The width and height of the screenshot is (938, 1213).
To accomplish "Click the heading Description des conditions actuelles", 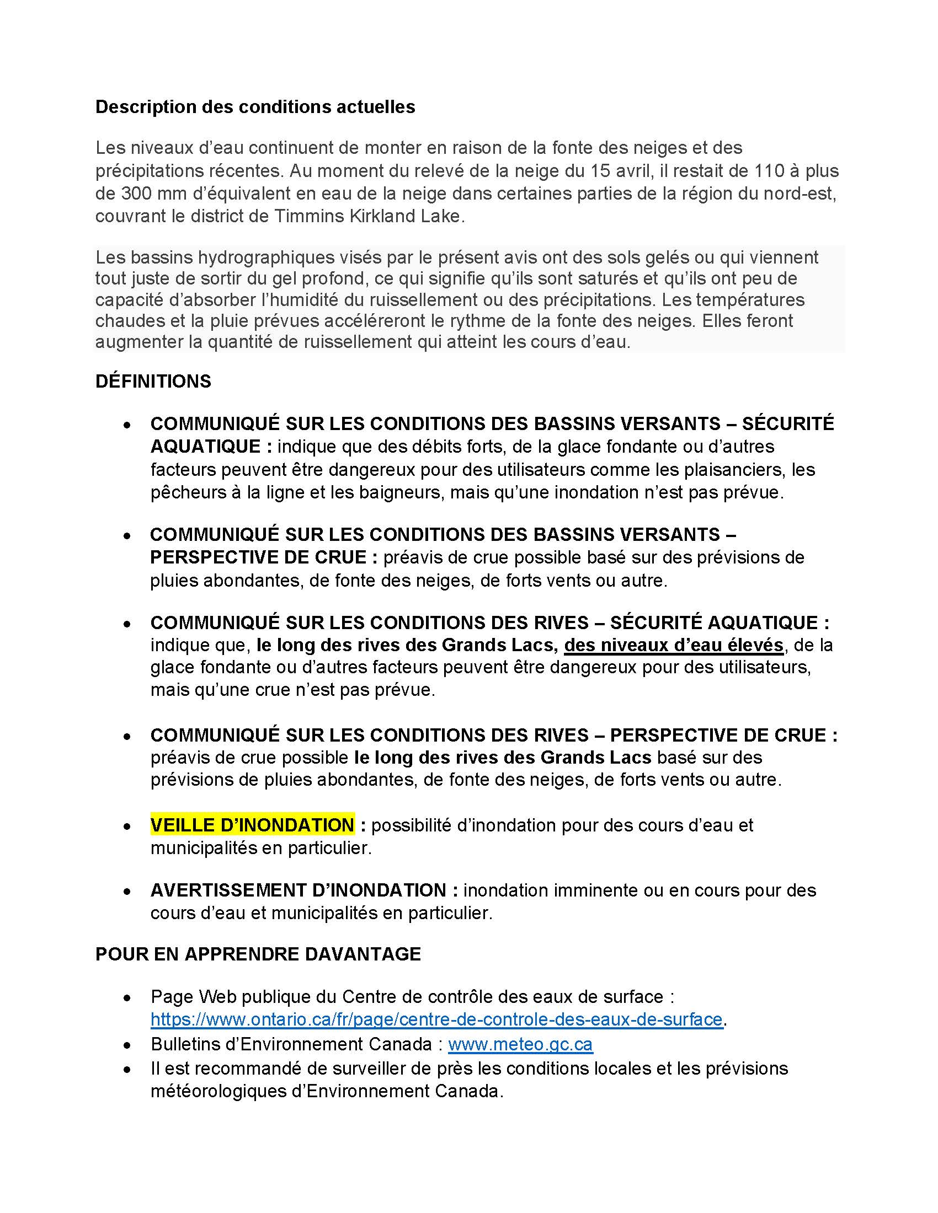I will (255, 106).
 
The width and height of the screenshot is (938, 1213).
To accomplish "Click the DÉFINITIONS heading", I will (153, 382).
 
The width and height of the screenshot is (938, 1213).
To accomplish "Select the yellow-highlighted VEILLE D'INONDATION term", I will (252, 825).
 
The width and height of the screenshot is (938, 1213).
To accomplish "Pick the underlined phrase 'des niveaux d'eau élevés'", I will (674, 645).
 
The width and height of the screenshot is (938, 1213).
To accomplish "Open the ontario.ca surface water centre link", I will (436, 1019).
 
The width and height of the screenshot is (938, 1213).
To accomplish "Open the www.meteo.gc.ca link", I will (520, 1044).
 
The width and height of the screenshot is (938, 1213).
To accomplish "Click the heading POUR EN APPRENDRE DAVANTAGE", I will (258, 954).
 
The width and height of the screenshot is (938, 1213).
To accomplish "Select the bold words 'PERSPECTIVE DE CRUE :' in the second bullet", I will (264, 557).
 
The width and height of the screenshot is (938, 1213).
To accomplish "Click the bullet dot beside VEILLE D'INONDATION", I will (128, 826).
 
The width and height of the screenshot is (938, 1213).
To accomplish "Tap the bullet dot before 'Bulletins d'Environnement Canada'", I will (128, 1045).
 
